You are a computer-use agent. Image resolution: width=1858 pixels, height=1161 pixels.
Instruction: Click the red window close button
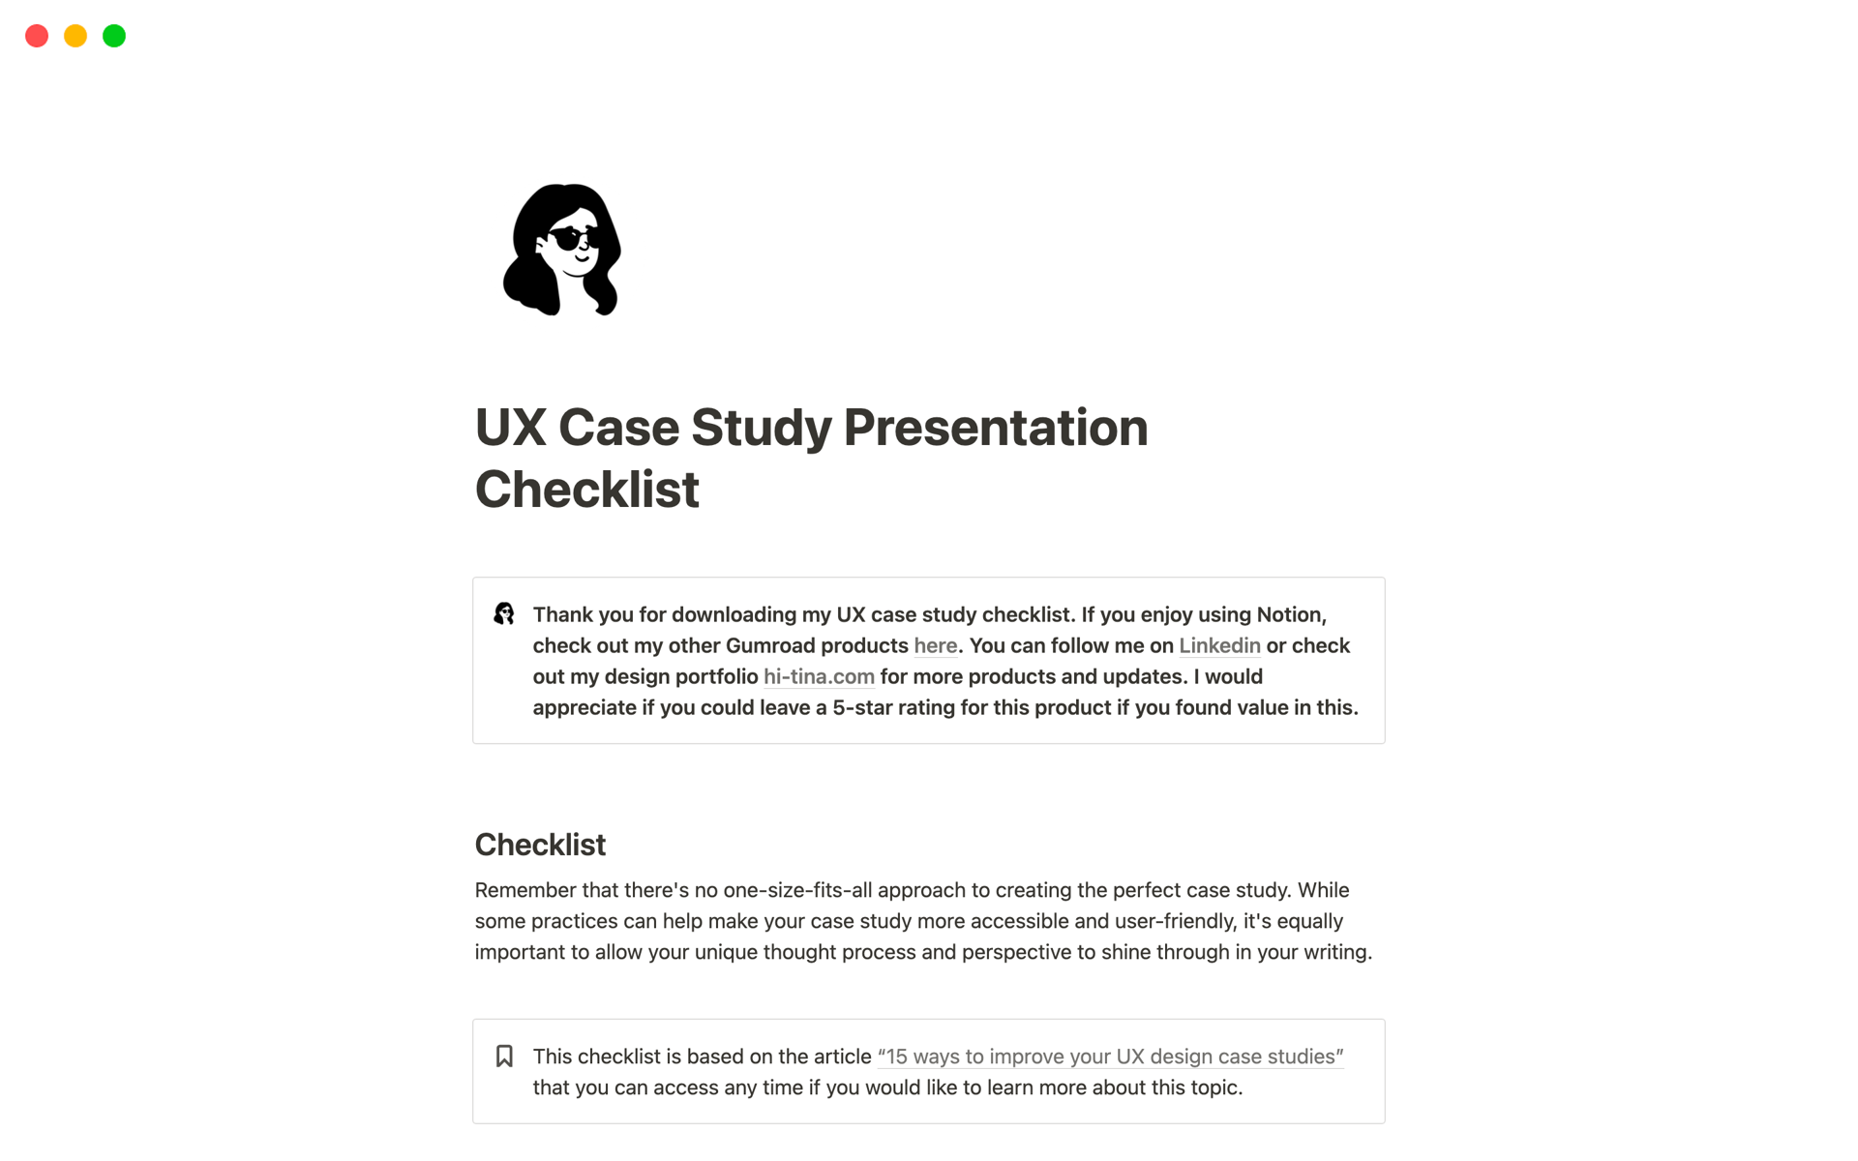(x=37, y=36)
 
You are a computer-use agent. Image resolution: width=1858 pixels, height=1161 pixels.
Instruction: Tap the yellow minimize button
(x=75, y=36)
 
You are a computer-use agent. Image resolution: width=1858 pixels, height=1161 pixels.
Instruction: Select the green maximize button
(x=114, y=36)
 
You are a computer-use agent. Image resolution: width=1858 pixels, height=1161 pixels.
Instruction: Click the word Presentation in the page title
(x=995, y=428)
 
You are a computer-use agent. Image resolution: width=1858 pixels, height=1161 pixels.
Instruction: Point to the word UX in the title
(x=510, y=428)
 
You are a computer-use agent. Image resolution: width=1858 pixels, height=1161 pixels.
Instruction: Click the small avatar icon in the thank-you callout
(x=504, y=613)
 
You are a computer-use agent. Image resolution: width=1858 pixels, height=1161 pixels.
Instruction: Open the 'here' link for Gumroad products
(x=935, y=645)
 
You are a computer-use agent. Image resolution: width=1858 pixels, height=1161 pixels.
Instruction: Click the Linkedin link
(x=1219, y=645)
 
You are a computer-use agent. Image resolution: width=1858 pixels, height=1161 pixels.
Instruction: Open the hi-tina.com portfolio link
(x=819, y=676)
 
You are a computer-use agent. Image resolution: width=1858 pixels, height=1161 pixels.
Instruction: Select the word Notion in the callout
(x=1290, y=614)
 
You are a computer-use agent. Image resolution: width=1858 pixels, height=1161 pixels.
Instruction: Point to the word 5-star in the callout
(x=862, y=707)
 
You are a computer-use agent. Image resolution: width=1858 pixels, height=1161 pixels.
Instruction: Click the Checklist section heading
(x=540, y=845)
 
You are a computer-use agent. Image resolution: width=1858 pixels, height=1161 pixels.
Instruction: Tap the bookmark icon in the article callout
(x=504, y=1056)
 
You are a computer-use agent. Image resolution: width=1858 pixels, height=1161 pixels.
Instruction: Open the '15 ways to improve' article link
(x=1110, y=1057)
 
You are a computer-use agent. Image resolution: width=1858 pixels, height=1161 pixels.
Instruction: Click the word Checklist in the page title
(x=586, y=490)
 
